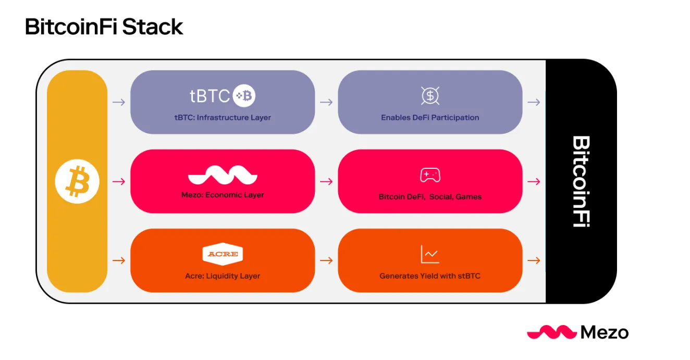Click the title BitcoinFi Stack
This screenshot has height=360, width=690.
[x=104, y=27]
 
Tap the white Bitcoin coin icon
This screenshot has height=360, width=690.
[x=77, y=181]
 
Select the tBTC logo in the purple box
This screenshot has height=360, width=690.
[x=222, y=95]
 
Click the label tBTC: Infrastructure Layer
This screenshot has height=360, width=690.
[x=223, y=118]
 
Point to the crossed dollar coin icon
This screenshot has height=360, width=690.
[x=430, y=95]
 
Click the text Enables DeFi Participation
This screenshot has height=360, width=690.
[x=430, y=118]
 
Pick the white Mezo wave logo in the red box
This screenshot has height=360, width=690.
[x=223, y=176]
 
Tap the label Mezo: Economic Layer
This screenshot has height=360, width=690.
[x=223, y=195]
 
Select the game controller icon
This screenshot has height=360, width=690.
[x=430, y=175]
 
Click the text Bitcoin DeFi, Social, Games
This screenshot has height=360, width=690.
[x=430, y=197]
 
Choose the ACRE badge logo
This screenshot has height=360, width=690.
[x=223, y=254]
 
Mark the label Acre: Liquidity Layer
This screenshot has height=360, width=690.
[x=223, y=276]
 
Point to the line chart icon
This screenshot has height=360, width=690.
[x=430, y=254]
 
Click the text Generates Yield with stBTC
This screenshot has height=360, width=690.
[x=430, y=276]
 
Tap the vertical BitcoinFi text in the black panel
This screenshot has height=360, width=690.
[x=581, y=181]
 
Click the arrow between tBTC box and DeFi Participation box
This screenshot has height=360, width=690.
[x=326, y=102]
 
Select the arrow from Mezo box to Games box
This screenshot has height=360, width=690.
[x=326, y=181]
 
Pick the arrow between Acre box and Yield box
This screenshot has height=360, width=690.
[x=326, y=260]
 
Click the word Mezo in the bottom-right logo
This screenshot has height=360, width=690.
[x=604, y=332]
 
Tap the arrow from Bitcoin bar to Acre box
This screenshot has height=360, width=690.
[x=119, y=260]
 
